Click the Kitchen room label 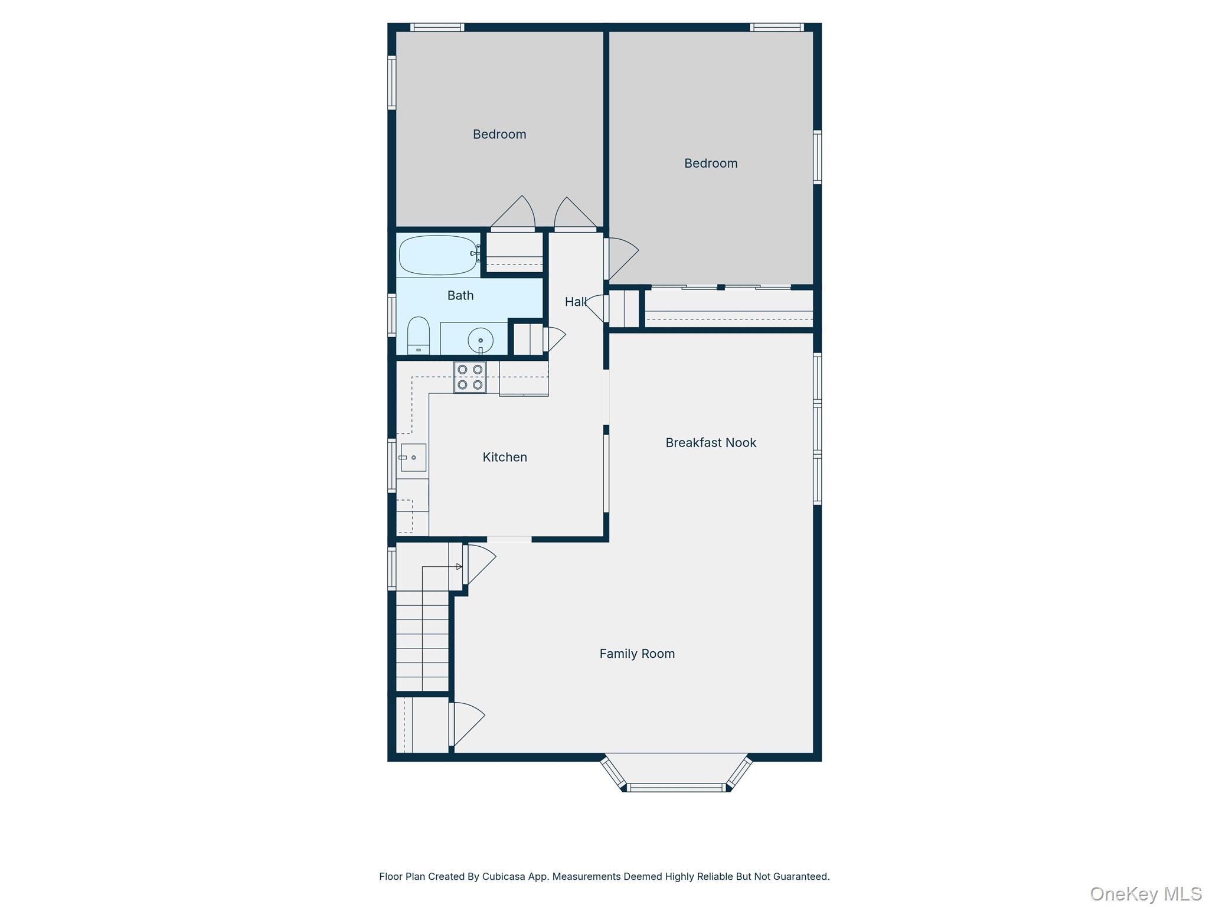tap(504, 457)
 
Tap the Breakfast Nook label tap(710, 443)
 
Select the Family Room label tap(636, 654)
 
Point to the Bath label tap(460, 295)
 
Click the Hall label tap(575, 302)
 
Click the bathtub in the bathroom tap(437, 255)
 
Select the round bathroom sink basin tap(480, 341)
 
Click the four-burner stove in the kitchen tap(470, 377)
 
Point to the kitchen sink tap(413, 458)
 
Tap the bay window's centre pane tap(675, 787)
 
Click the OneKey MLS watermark tap(1145, 894)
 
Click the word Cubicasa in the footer tap(504, 876)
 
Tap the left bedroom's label tap(499, 135)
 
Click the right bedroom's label tap(710, 164)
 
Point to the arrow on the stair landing tap(459, 567)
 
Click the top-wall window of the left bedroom tap(437, 27)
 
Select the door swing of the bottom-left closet tap(468, 723)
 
